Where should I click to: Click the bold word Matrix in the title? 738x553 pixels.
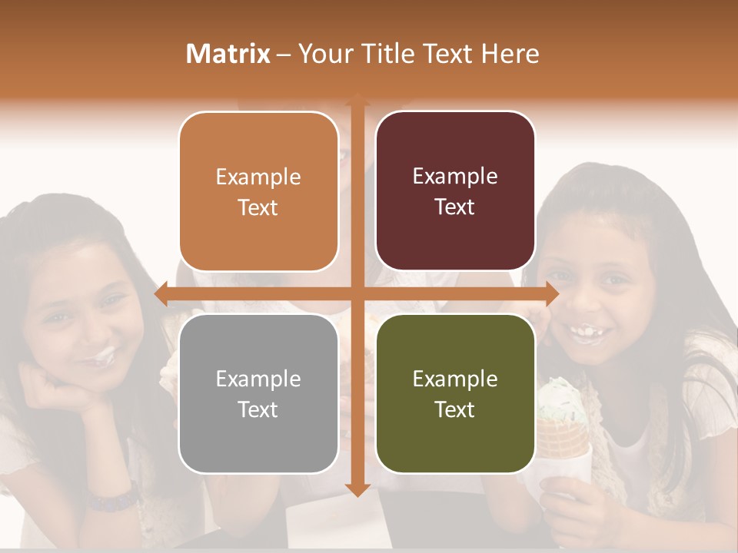(228, 54)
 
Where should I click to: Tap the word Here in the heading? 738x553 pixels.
(510, 54)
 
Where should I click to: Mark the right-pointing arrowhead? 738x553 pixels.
(552, 294)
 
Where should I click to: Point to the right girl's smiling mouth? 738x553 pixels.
(587, 333)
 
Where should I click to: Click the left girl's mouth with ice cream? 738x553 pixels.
(96, 356)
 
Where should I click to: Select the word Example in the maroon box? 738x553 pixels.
(455, 177)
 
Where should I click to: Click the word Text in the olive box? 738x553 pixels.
(455, 410)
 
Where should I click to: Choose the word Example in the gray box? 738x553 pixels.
(258, 379)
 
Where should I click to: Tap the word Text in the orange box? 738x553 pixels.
(258, 207)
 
